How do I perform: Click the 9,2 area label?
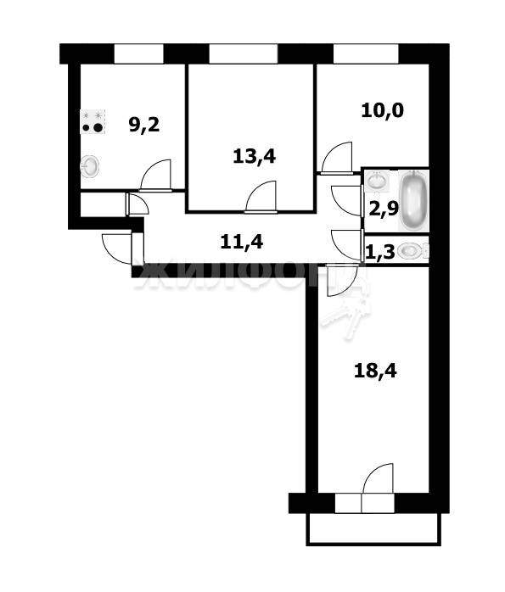[x=144, y=125]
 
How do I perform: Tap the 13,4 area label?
[x=255, y=156]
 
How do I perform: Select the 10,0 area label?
[x=382, y=110]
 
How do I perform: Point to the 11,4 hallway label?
[x=241, y=242]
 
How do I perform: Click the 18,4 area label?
[x=375, y=371]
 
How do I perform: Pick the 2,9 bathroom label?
[x=384, y=209]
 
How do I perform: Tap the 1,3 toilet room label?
[x=380, y=251]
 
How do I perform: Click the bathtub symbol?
[x=414, y=200]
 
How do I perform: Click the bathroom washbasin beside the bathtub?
[x=378, y=181]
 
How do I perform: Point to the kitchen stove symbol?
[x=93, y=121]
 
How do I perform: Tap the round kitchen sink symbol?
[x=90, y=166]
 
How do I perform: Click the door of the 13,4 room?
[x=261, y=197]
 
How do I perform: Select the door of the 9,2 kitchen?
[x=155, y=176]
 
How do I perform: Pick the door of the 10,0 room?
[x=337, y=158]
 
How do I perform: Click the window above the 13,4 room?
[x=244, y=54]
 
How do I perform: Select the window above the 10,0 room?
[x=366, y=54]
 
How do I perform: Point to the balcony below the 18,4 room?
[x=373, y=529]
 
